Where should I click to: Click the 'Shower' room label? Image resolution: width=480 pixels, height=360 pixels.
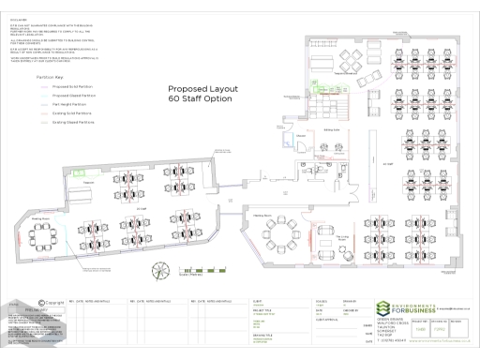point(301,137)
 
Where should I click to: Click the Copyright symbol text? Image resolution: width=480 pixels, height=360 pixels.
point(54,302)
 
